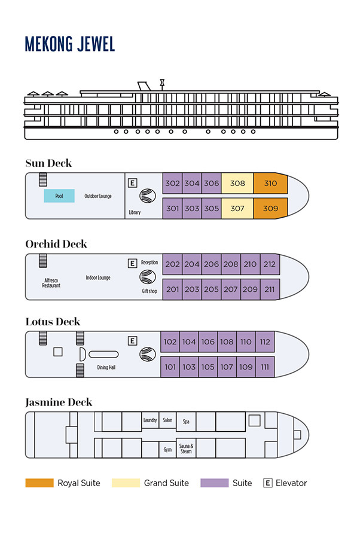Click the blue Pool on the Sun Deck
pos(59,196)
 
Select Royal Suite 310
pos(270,184)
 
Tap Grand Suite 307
pos(237,209)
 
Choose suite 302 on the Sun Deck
pos(172,184)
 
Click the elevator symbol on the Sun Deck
pos(133,183)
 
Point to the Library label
pos(135,212)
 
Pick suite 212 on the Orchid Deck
pos(270,264)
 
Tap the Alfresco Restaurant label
pos(51,283)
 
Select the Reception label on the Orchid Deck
pos(150,263)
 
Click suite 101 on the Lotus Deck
pos(170,367)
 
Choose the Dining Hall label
pos(106,367)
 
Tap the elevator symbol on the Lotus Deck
pos(133,341)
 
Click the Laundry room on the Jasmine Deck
pos(150,420)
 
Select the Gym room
pos(167,449)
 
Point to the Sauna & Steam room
pos(186,449)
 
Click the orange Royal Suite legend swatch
pos(39,483)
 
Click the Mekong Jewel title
pos(69,44)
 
